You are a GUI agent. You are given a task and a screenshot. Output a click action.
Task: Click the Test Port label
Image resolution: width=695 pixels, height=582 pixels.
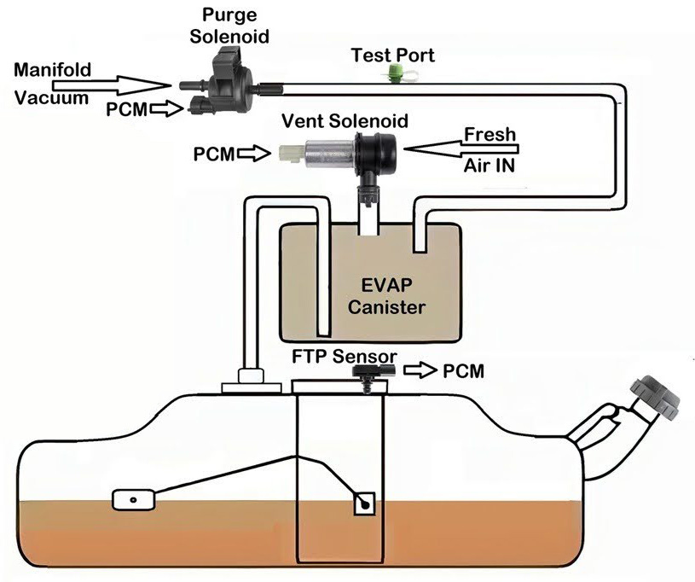click(x=393, y=55)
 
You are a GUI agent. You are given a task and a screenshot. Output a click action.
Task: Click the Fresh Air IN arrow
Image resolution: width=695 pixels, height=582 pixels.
click(x=460, y=149)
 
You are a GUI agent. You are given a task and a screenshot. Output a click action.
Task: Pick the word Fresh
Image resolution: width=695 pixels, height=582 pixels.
click(x=489, y=134)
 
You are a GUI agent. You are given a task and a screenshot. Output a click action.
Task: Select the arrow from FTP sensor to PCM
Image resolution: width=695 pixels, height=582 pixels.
click(x=417, y=371)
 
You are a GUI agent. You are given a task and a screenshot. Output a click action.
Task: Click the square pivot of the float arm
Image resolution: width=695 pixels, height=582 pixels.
click(x=366, y=503)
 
